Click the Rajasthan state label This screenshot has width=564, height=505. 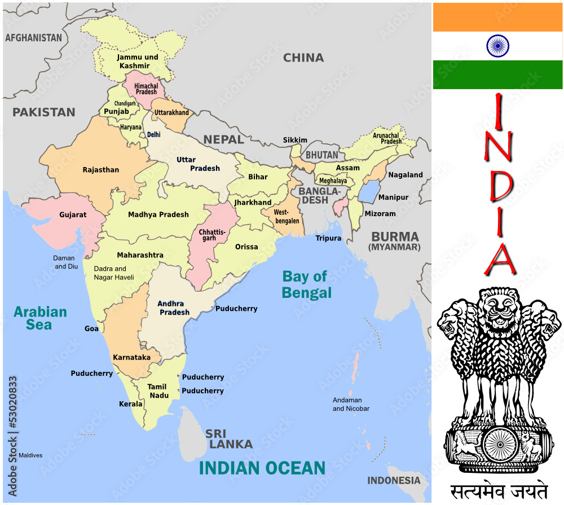[x=101, y=170]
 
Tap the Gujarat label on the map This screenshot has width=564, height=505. [x=73, y=214]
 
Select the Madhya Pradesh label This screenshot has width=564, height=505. [x=158, y=214]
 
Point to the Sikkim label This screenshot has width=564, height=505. [x=295, y=140]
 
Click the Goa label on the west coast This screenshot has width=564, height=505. [x=91, y=328]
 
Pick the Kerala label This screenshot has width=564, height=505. [x=131, y=404]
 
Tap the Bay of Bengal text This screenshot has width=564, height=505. [x=306, y=284]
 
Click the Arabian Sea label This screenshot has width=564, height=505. [x=40, y=318]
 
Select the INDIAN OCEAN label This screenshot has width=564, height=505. [x=262, y=468]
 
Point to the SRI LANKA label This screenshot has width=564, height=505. [x=228, y=439]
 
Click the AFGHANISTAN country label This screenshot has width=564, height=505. [x=33, y=38]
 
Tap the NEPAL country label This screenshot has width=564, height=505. [x=223, y=139]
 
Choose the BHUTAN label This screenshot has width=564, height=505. [x=322, y=155]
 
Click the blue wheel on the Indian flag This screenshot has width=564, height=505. [x=497, y=46]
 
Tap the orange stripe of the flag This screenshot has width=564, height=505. [x=497, y=17]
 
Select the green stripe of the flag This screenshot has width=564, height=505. [x=497, y=74]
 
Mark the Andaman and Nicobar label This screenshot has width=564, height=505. [x=351, y=404]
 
